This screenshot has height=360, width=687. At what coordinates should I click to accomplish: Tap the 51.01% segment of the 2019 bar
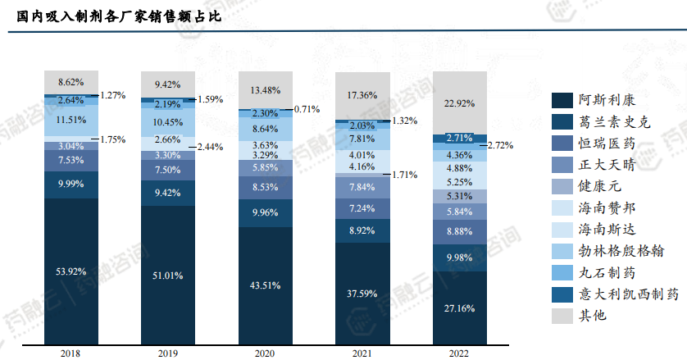click(x=168, y=275)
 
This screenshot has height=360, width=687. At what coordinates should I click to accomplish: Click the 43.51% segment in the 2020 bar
click(x=265, y=285)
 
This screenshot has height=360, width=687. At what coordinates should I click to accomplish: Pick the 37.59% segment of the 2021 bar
click(x=362, y=294)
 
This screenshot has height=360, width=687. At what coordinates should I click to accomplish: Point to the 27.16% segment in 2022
click(x=458, y=308)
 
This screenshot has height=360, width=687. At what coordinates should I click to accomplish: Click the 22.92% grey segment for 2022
click(x=458, y=103)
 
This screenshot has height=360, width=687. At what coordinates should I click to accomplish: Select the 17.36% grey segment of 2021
click(x=362, y=95)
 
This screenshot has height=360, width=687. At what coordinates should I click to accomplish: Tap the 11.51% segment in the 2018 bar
click(x=71, y=120)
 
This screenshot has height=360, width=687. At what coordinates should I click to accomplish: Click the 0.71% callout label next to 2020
click(x=306, y=108)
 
